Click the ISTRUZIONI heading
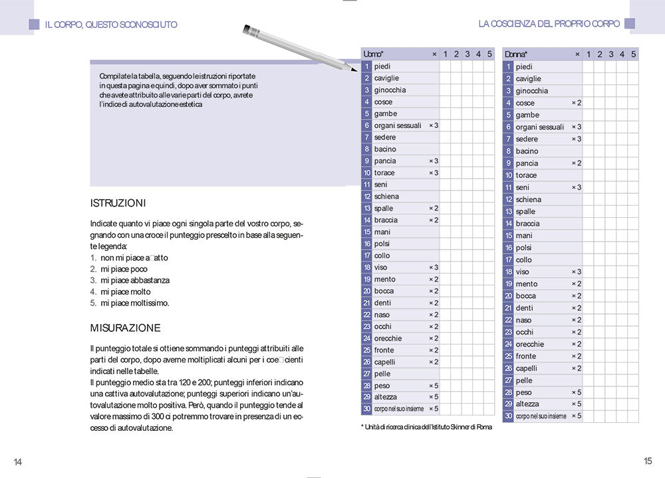click(118, 203)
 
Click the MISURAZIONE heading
click(125, 328)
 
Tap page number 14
click(18, 462)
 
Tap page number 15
click(648, 461)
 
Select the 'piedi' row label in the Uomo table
click(382, 66)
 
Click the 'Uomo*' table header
click(373, 54)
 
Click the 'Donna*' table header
click(516, 54)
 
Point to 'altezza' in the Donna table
click(527, 404)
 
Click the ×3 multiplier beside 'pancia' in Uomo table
click(434, 161)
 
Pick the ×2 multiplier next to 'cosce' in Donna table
click(576, 103)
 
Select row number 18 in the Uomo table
click(366, 268)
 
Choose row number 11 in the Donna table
click(508, 187)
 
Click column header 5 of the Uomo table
click(489, 54)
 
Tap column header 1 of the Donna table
click(589, 54)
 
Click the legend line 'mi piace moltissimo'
click(134, 303)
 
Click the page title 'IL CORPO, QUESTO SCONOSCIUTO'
click(111, 25)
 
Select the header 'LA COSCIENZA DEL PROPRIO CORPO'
click(549, 23)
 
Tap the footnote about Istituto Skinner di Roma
click(426, 427)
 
